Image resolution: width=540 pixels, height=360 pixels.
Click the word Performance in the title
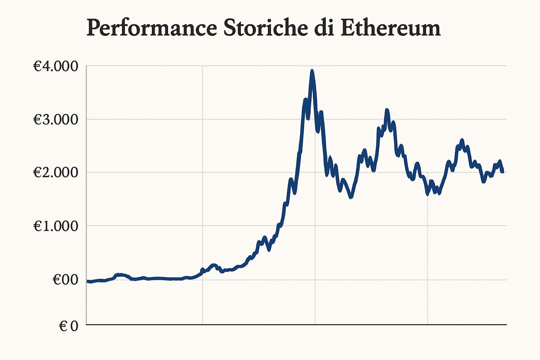tap(152, 28)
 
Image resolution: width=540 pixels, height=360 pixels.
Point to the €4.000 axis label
tap(56, 66)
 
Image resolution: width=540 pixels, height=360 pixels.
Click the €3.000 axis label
tap(56, 120)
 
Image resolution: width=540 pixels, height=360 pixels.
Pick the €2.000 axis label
tap(56, 172)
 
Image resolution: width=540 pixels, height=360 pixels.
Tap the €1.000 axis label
tap(56, 226)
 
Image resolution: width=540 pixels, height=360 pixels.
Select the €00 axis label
tap(65, 280)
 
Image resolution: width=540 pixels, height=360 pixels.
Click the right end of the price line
tap(502, 172)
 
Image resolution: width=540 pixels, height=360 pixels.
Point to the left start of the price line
tap(88, 281)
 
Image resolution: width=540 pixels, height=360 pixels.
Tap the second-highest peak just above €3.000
tap(387, 110)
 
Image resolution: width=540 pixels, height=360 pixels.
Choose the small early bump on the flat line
tap(120, 274)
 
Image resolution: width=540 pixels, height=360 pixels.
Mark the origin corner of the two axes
tap(86, 324)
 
